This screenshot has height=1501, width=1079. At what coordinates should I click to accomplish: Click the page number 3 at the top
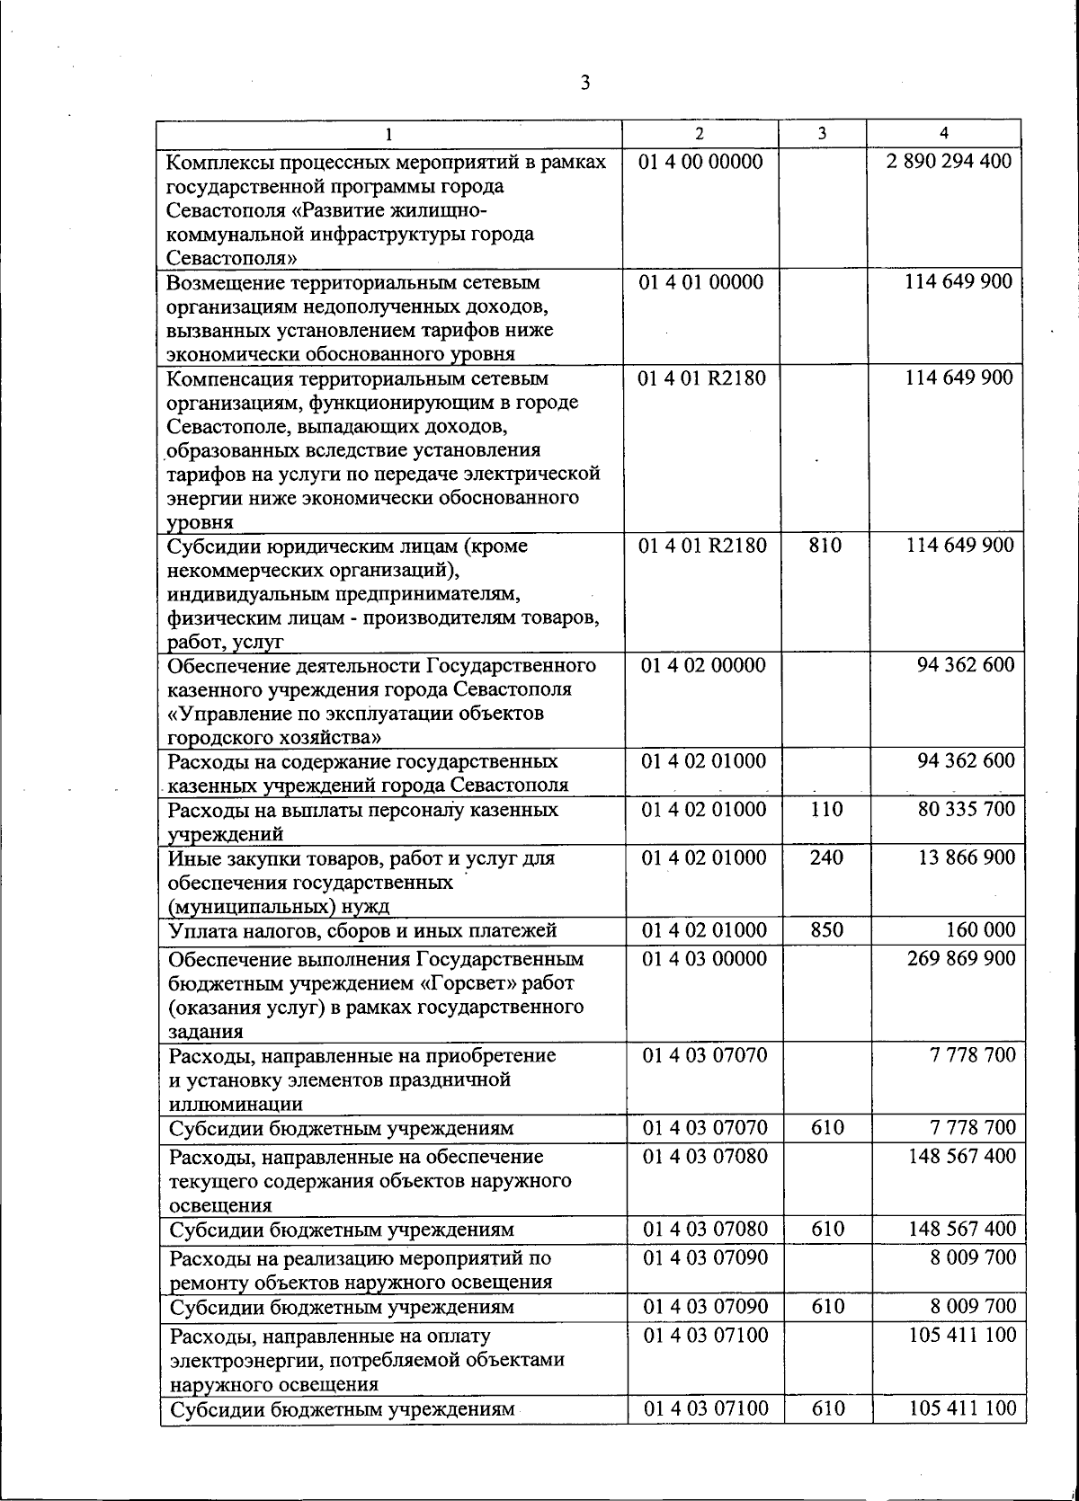(585, 84)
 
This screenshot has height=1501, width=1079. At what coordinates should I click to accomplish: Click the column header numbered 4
(943, 133)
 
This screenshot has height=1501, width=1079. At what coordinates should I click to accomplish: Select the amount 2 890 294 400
(949, 163)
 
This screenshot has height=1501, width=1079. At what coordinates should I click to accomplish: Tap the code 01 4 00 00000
(701, 163)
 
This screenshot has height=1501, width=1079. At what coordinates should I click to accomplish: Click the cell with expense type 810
(825, 546)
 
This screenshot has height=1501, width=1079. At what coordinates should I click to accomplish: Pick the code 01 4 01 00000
(701, 282)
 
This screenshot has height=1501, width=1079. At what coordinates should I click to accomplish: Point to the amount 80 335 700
(967, 809)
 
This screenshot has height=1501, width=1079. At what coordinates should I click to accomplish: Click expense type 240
(826, 857)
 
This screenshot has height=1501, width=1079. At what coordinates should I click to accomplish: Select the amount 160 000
(981, 930)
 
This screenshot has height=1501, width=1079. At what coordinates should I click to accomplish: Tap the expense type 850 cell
(826, 930)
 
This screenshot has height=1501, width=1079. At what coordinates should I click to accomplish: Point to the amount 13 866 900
(967, 857)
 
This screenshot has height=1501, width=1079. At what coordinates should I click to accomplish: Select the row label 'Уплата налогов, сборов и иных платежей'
(362, 930)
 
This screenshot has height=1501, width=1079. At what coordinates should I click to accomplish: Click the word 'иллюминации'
(235, 1105)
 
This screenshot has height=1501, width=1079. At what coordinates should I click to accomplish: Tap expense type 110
(826, 809)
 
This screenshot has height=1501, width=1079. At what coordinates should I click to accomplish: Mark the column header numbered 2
(700, 133)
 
